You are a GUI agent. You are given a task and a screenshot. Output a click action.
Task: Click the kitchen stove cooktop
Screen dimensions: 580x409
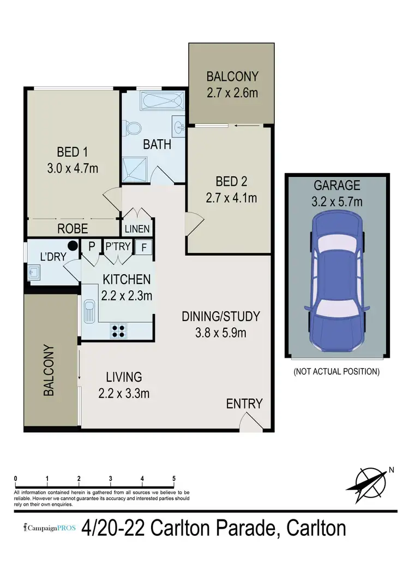[x=119, y=330]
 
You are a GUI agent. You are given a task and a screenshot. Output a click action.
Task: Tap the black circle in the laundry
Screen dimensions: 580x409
[x=72, y=246]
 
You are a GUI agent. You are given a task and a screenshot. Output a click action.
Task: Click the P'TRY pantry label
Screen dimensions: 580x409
[x=118, y=246]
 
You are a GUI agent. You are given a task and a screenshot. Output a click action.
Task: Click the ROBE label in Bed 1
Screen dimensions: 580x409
[x=72, y=229]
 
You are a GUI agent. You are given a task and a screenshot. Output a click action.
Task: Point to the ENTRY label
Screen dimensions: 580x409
[x=244, y=404]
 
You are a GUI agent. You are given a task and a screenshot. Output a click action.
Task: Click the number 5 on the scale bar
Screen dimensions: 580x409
[x=173, y=479]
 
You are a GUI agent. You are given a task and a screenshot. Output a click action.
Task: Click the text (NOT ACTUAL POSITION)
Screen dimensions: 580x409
[x=336, y=372]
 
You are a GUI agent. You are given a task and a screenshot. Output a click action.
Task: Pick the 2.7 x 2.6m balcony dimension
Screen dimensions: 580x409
[x=232, y=92]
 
